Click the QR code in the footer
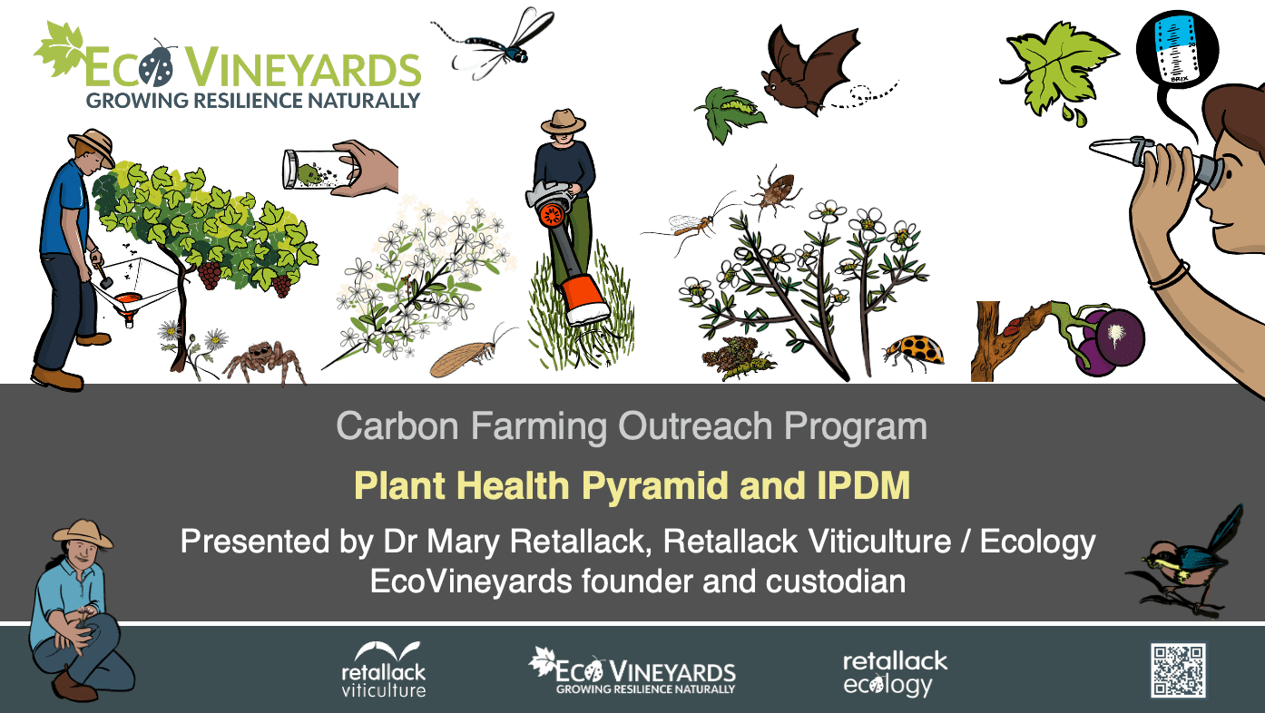click(1178, 670)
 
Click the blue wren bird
click(1186, 564)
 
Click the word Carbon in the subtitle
click(397, 425)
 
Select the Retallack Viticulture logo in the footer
click(384, 669)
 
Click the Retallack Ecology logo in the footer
click(895, 674)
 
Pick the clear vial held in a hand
click(319, 170)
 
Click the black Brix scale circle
click(1178, 49)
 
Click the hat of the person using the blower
click(563, 122)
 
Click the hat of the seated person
click(83, 534)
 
